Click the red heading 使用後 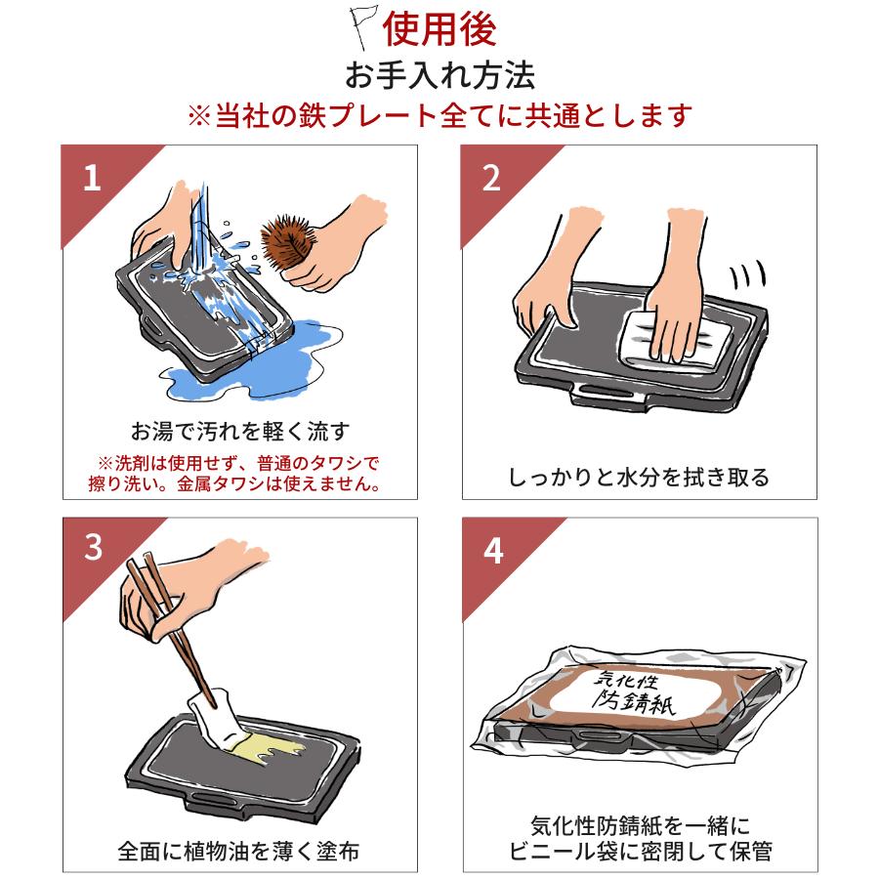(x=439, y=29)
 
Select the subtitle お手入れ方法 (x=439, y=76)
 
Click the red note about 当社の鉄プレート (x=439, y=116)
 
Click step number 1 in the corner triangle (x=92, y=178)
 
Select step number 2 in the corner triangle (x=491, y=178)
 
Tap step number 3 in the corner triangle (x=92, y=549)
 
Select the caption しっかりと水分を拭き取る (x=639, y=478)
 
